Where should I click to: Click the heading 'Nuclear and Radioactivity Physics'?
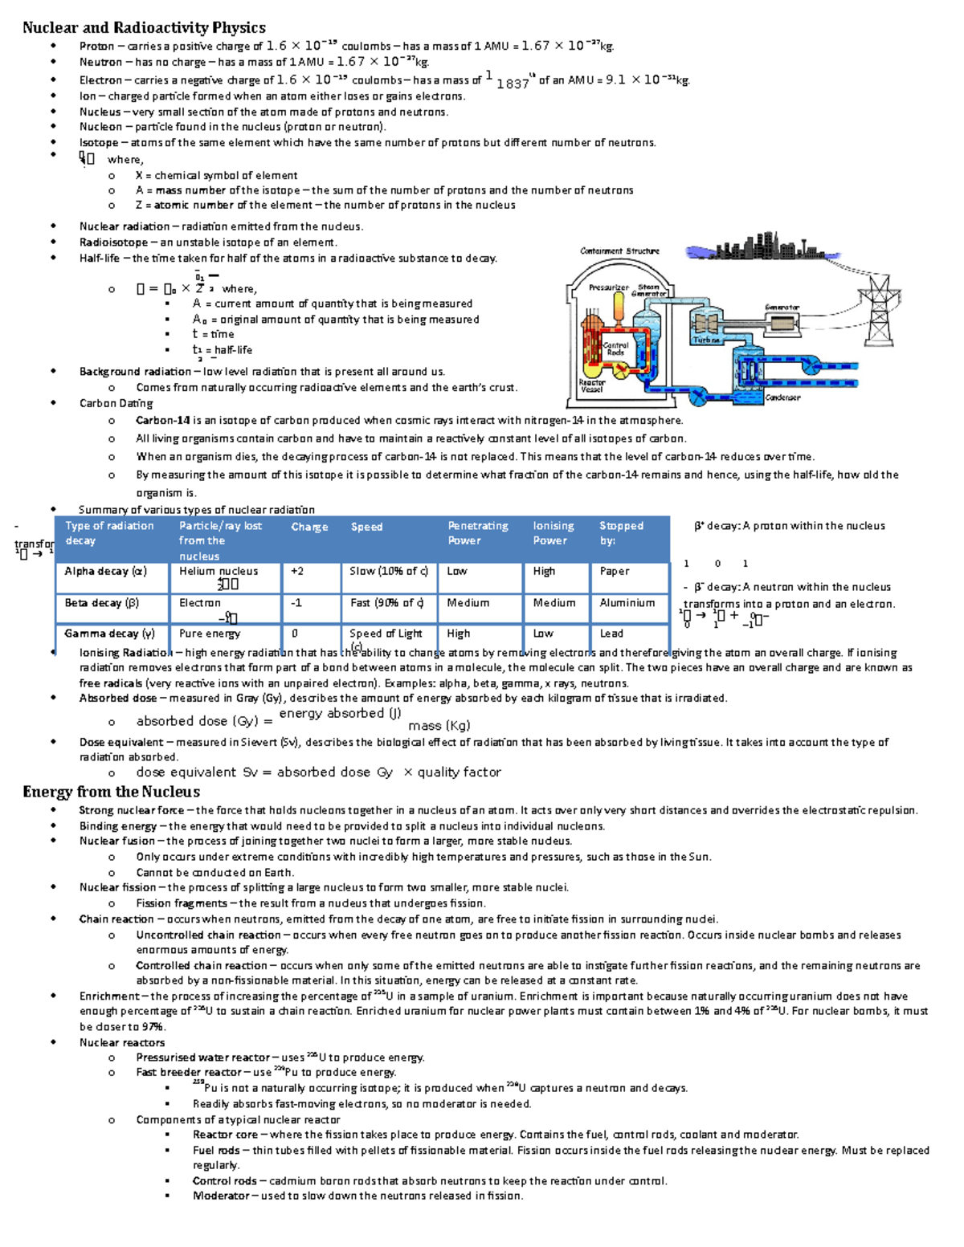[144, 27]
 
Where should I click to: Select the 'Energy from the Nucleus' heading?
[111, 792]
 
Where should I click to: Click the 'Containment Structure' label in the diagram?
[619, 251]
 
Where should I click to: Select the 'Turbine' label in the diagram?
[706, 340]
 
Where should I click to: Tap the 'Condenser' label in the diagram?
[782, 397]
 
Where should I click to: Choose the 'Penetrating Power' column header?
[478, 533]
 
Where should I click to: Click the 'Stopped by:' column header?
[621, 533]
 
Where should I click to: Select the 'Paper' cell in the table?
[615, 571]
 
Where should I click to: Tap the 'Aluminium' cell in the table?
[627, 603]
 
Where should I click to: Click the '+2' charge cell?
[297, 571]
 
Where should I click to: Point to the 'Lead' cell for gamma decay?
[611, 634]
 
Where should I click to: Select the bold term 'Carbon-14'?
[163, 420]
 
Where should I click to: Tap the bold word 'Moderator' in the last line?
[221, 1196]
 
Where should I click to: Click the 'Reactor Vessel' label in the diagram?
[592, 386]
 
